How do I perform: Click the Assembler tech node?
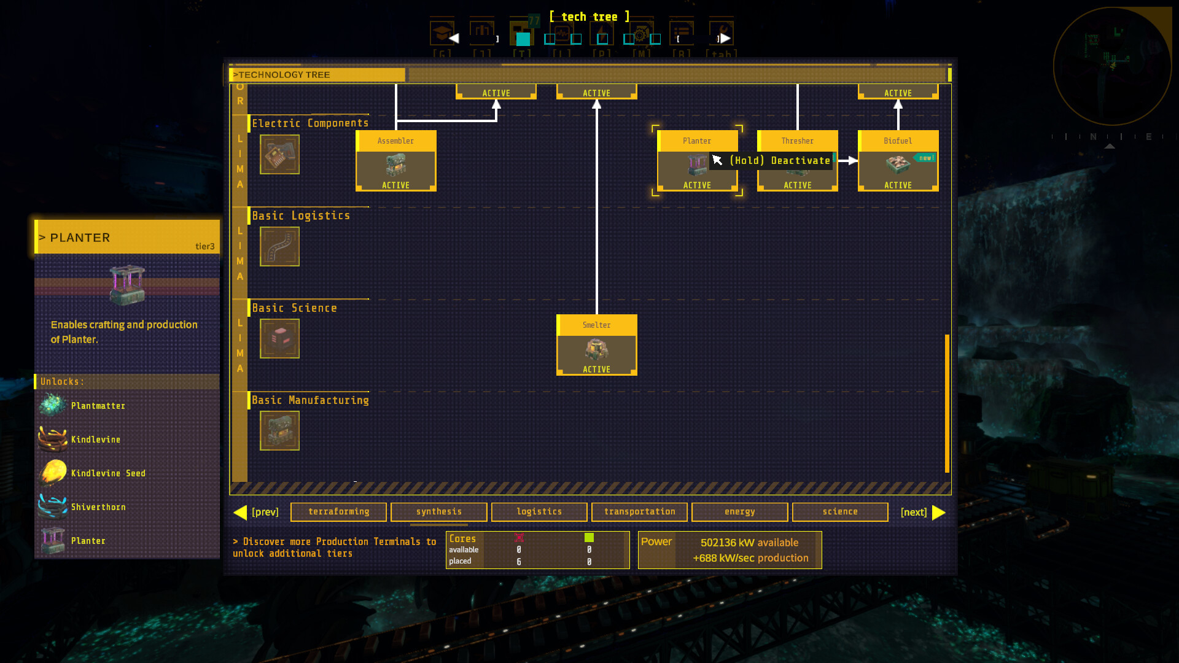pos(395,161)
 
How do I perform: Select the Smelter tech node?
pos(596,345)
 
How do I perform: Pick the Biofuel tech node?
pos(898,161)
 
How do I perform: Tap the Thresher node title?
pos(797,141)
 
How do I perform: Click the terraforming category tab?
pos(338,511)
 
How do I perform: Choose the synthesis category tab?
pos(438,511)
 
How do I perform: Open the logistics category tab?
pos(539,511)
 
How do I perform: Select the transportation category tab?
pos(639,511)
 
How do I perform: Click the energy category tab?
pos(739,511)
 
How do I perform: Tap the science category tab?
pos(840,511)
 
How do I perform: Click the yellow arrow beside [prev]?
pos(240,512)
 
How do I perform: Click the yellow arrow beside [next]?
pos(938,512)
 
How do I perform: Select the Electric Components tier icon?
pos(279,154)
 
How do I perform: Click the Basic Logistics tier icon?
pos(279,246)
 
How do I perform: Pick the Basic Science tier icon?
pos(279,338)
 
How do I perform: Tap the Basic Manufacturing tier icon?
pos(279,430)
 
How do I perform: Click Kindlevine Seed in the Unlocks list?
pos(108,473)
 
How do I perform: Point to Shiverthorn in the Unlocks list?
pos(98,507)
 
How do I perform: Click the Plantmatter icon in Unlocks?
pos(53,405)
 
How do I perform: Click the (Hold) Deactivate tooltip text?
pos(779,161)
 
